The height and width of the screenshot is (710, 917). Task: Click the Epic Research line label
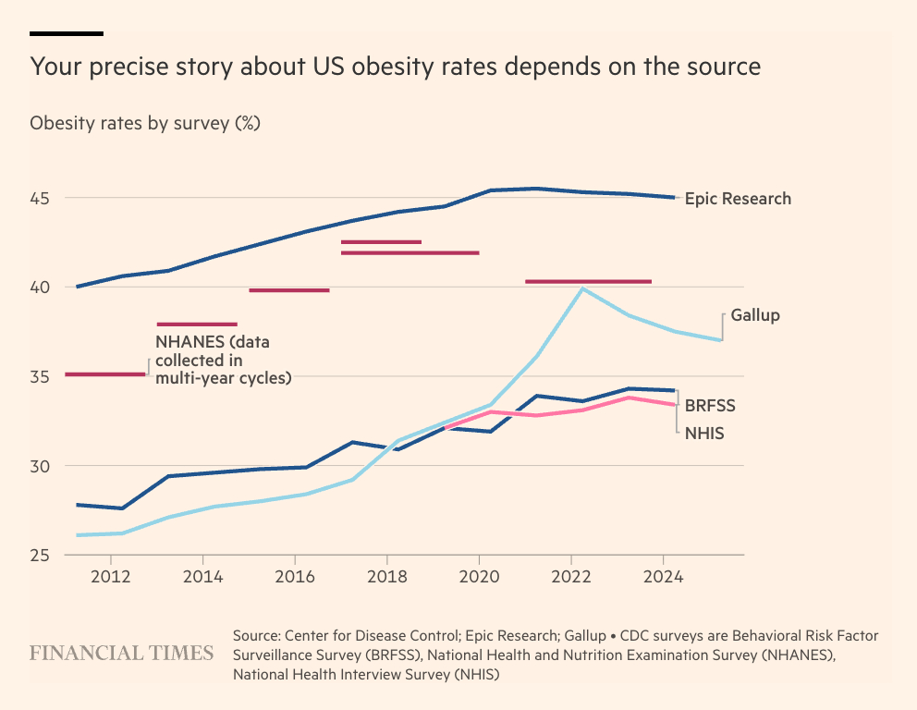click(x=738, y=198)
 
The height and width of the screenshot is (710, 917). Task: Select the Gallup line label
click(x=755, y=315)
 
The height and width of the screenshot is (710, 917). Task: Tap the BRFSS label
click(x=710, y=405)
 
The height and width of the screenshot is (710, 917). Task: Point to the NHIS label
click(x=703, y=431)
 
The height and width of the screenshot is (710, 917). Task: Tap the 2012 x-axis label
click(x=111, y=577)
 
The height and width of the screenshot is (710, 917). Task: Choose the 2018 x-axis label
click(x=386, y=577)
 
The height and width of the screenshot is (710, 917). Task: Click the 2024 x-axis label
click(x=663, y=577)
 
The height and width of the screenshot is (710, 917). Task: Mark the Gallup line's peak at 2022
click(x=582, y=288)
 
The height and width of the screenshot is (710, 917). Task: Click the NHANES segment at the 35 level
click(x=105, y=374)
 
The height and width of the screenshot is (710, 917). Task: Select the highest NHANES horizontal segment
click(x=381, y=242)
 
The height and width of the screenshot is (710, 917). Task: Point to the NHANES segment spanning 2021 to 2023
click(x=588, y=281)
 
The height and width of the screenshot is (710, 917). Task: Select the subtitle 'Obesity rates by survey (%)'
click(x=145, y=123)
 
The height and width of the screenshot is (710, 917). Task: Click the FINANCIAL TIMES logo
click(x=122, y=654)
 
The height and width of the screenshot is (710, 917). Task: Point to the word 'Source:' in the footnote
click(x=256, y=636)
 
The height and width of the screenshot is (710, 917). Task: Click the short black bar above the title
click(x=66, y=33)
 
